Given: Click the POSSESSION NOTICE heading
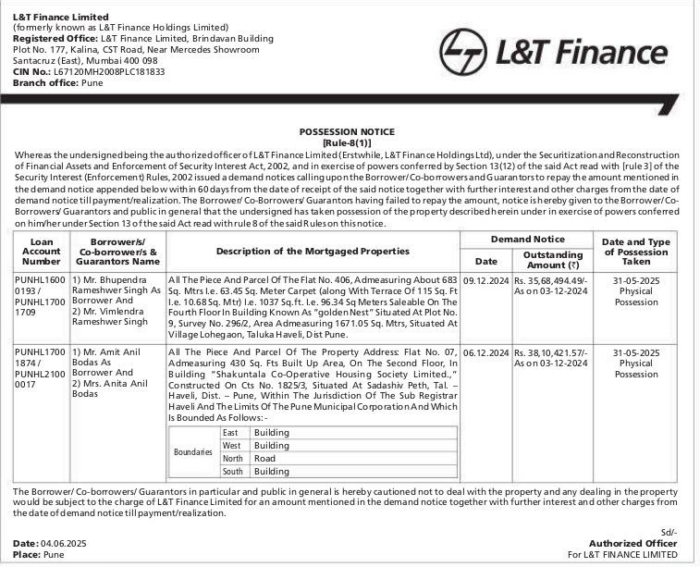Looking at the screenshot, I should point(347,132).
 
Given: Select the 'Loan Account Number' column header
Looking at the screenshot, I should point(43,251).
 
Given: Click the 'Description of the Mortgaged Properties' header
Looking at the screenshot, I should point(313,251).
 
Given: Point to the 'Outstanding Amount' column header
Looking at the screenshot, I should point(553,260).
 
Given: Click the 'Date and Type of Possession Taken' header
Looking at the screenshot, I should point(643,251).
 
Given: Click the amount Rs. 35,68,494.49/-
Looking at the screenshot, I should point(553,278).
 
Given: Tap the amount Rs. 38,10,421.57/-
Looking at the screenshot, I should point(553,352).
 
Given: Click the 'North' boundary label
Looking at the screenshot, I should point(233,459).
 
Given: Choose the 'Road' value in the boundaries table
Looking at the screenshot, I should point(264,459).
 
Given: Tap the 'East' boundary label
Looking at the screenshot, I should point(231,433).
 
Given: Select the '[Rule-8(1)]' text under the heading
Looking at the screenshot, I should point(347,143).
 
